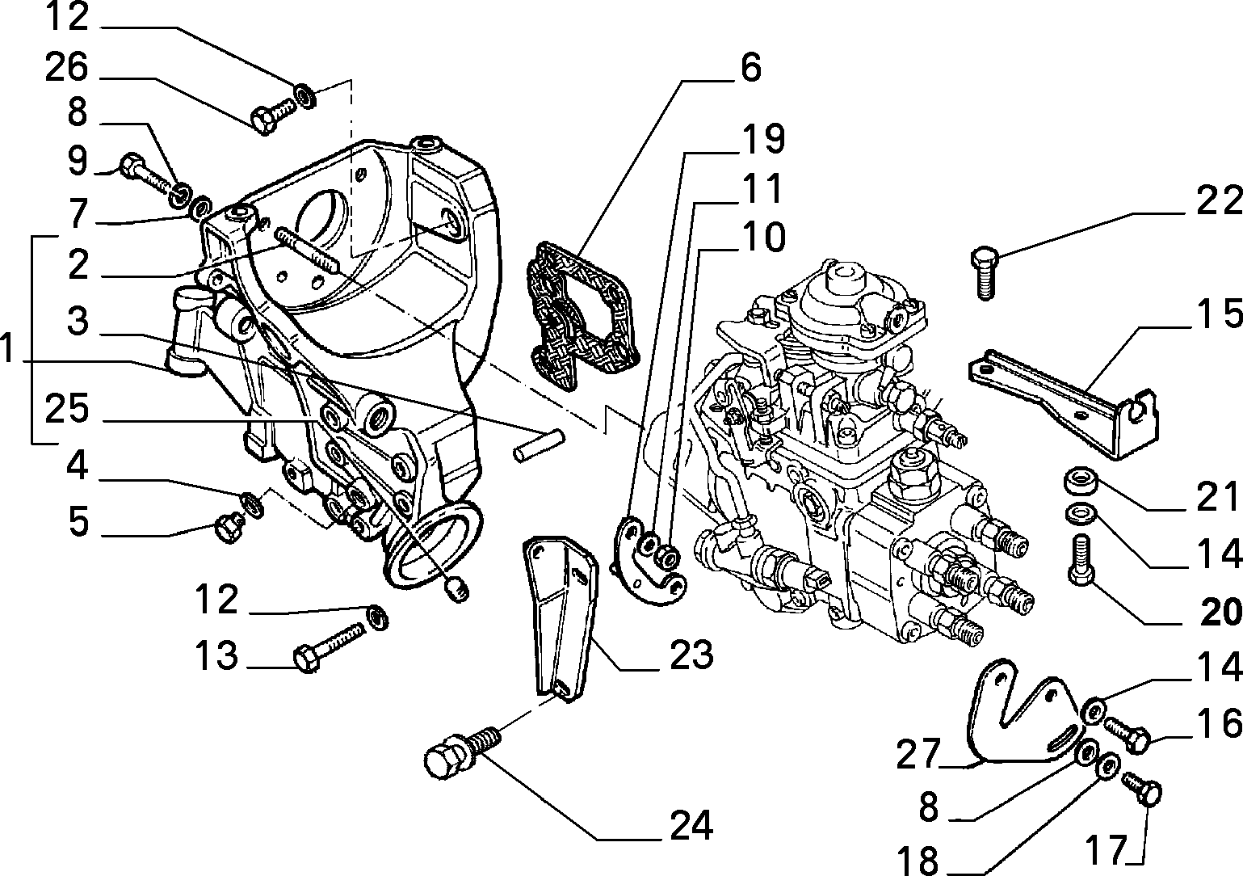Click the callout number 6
click(751, 68)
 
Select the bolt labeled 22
click(985, 272)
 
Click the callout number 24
click(691, 825)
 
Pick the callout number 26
click(66, 68)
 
